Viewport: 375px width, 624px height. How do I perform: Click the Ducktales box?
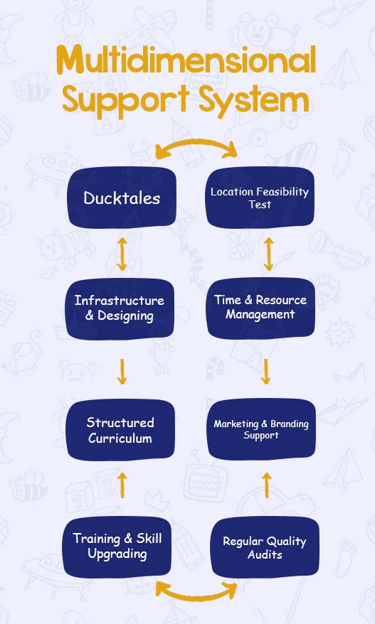122,198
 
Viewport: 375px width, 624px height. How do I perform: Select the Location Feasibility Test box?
260,198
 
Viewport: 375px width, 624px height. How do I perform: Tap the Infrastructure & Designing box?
120,308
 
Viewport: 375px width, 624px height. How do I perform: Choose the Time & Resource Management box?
260,308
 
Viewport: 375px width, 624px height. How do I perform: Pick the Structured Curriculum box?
120,430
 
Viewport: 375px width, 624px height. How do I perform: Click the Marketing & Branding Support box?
261,429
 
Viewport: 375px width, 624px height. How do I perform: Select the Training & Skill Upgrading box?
117,547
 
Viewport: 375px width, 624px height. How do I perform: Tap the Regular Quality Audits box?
265,547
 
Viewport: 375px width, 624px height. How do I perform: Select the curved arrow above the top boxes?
196,141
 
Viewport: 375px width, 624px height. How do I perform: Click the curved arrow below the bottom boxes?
196,597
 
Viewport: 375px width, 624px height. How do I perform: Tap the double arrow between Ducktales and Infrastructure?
122,254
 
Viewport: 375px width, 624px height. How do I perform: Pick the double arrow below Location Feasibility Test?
268,254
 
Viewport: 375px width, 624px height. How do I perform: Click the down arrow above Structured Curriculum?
122,372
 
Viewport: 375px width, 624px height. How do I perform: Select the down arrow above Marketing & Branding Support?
266,372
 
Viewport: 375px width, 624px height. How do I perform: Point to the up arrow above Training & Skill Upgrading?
122,485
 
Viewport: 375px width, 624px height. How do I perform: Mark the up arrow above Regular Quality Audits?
267,485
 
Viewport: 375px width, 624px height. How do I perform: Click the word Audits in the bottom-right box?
265,554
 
